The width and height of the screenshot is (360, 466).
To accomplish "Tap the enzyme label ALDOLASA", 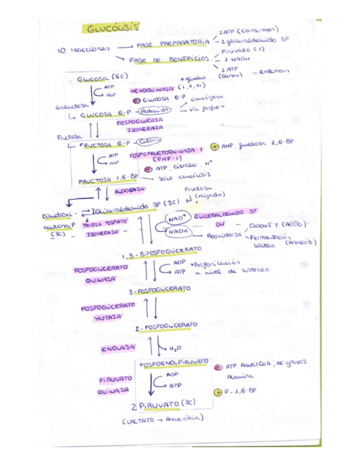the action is tap(130, 190).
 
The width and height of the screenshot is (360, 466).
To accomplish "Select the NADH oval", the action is tap(178, 233).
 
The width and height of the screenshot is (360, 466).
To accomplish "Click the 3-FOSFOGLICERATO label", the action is tap(160, 289).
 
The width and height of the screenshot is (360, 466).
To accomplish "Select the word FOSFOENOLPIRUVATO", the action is tap(174, 363).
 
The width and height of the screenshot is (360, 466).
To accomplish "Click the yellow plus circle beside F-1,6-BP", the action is tap(218, 391).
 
